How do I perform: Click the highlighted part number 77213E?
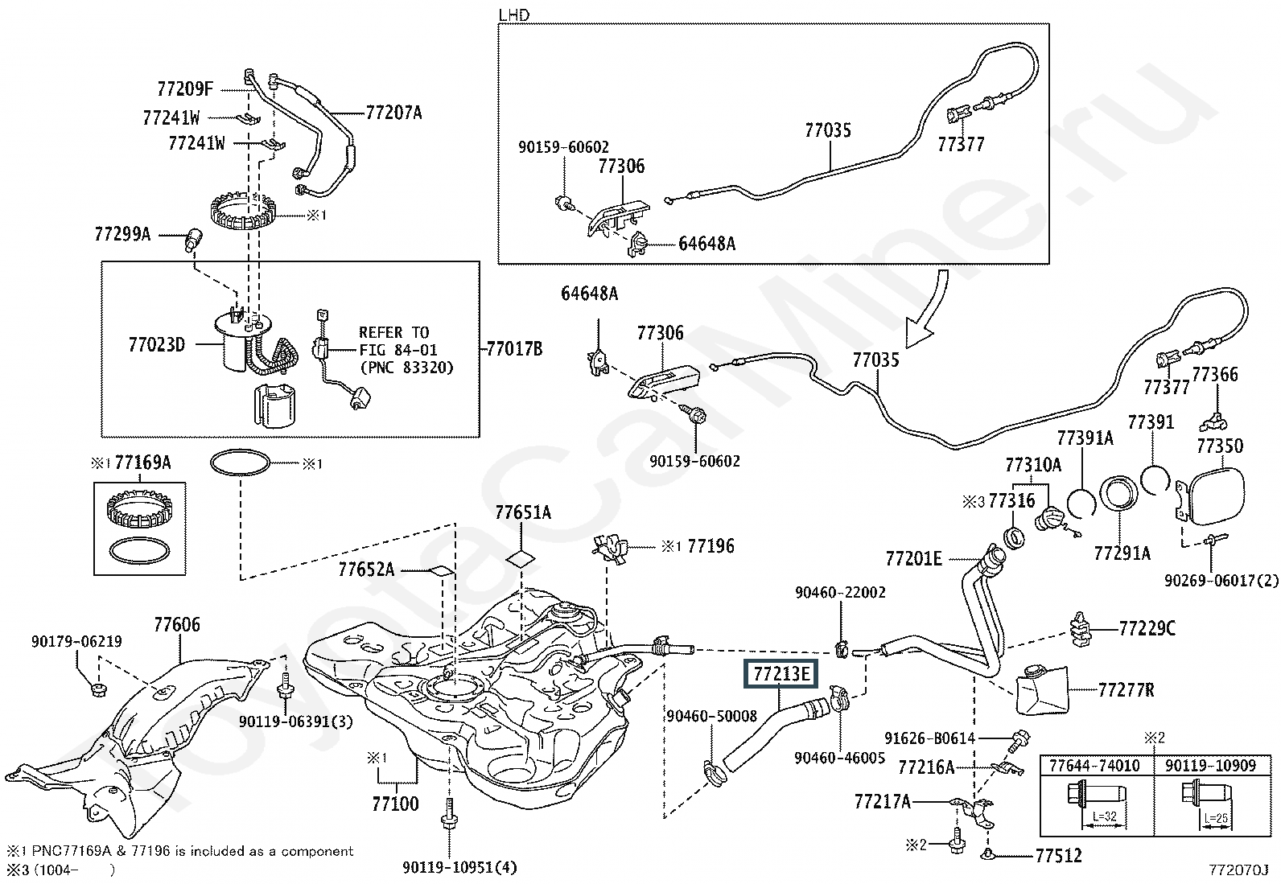point(781,674)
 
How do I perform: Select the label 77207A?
point(393,113)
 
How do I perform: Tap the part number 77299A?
point(122,234)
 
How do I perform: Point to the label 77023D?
point(157,345)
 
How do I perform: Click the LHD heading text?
point(514,14)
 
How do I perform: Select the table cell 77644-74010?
point(1094,766)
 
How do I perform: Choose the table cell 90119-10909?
point(1211,766)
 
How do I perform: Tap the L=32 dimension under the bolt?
point(1104,816)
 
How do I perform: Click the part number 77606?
point(177,624)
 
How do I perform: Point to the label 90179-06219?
point(76,641)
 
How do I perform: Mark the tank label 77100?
point(395,804)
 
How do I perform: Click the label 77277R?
point(1126,690)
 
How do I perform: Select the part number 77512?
point(1059,855)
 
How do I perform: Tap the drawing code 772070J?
point(1237,870)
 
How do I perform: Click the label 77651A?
point(523,512)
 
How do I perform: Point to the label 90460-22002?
point(840,592)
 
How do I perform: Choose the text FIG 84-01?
point(398,349)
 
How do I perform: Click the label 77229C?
point(1147,628)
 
